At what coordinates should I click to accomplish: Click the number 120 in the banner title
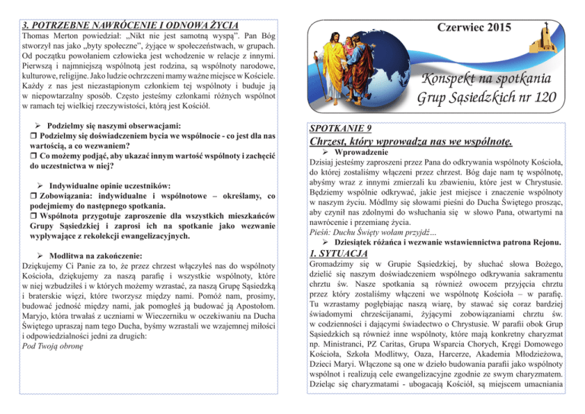pos(542,99)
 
